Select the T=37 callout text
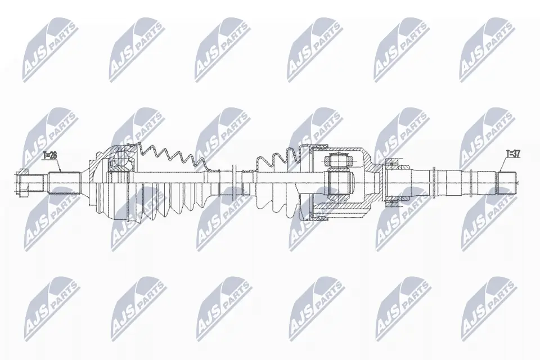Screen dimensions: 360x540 point(514,153)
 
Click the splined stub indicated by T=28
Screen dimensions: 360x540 point(62,183)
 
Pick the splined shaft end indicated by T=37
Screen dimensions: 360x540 point(508,182)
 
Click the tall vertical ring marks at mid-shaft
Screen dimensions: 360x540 point(233,181)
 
